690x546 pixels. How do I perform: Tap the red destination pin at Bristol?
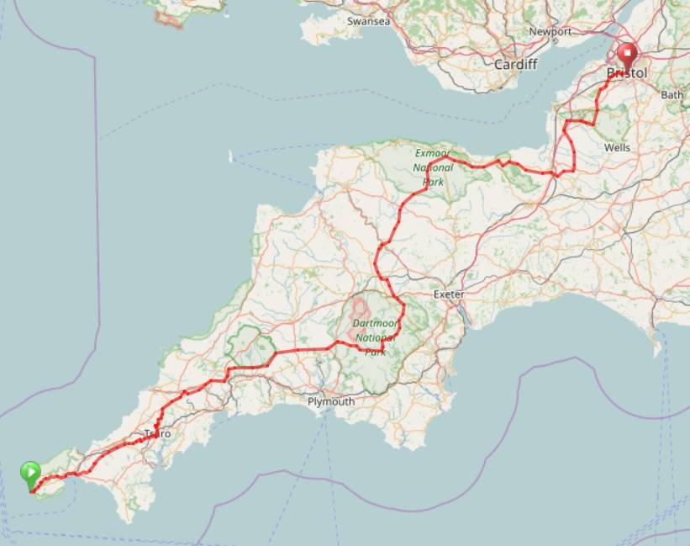click(x=627, y=59)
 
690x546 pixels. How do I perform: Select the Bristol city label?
click(x=628, y=74)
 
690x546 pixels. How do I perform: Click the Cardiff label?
click(x=515, y=64)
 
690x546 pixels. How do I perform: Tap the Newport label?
click(x=550, y=32)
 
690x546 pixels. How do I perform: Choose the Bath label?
click(x=672, y=95)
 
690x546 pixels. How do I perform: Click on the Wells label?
click(x=617, y=147)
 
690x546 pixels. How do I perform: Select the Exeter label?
click(x=449, y=294)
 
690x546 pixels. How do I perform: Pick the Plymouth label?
click(x=330, y=402)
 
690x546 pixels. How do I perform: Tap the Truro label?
click(x=157, y=434)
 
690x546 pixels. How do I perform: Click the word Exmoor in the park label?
click(x=433, y=153)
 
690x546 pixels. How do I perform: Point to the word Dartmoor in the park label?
click(x=373, y=323)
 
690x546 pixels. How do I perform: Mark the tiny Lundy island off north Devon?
click(x=232, y=156)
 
